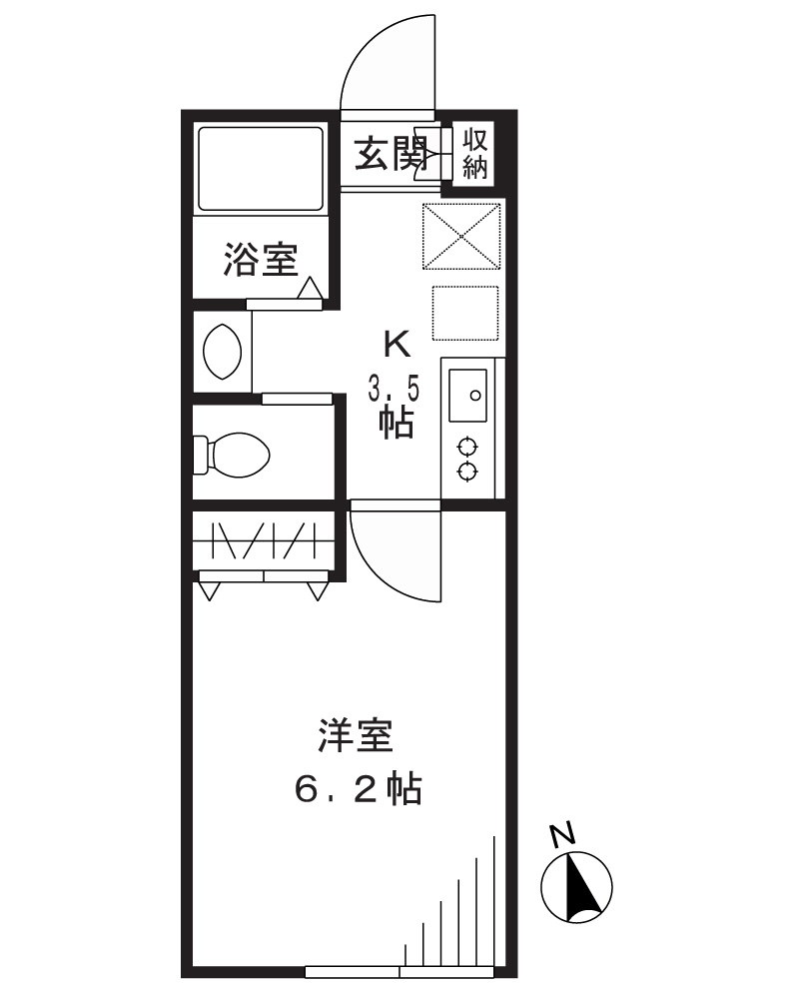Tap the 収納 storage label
coord(474,152)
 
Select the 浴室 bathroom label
coord(260,262)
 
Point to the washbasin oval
coord(220,351)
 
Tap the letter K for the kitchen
coord(397,345)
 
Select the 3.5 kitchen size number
coord(392,387)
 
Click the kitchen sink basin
coord(467,396)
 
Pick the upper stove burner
coord(467,446)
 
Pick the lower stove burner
coord(467,472)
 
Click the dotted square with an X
coord(460,236)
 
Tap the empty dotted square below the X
coord(464,313)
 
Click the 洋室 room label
coord(355,740)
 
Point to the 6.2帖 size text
coord(357,790)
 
